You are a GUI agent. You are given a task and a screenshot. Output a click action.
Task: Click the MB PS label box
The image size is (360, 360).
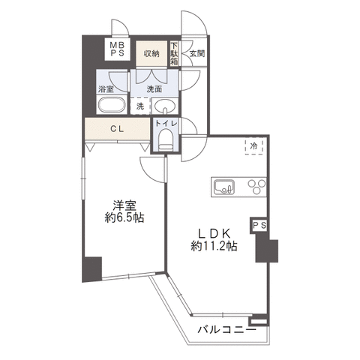click(x=117, y=49)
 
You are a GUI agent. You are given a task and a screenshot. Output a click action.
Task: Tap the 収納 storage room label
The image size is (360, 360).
click(x=151, y=53)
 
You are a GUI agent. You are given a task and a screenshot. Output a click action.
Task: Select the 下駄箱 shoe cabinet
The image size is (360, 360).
click(x=174, y=53)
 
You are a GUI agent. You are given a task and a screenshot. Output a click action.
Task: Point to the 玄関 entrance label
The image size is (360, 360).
click(x=197, y=53)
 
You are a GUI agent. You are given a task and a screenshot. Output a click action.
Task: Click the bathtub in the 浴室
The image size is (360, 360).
click(x=112, y=105)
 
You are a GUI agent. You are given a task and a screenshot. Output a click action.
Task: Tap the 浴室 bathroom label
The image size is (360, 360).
click(x=106, y=89)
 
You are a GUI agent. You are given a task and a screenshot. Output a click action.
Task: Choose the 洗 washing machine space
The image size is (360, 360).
click(x=140, y=106)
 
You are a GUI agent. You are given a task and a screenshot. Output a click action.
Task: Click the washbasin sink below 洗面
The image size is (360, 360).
click(x=163, y=106)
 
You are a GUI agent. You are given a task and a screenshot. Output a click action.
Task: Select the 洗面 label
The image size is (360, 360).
click(x=154, y=89)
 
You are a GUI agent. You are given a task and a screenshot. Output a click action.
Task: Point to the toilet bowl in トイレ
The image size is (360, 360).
click(x=166, y=140)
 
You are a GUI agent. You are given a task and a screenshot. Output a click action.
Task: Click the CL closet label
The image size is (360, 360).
click(x=117, y=129)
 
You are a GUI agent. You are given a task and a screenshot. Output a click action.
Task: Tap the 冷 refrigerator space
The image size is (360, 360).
click(x=254, y=146)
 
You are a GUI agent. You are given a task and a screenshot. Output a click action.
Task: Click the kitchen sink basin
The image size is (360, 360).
click(x=224, y=187)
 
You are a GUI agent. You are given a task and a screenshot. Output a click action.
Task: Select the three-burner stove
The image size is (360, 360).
click(x=256, y=187)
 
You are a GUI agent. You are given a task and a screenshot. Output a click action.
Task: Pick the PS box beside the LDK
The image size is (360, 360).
click(x=259, y=225)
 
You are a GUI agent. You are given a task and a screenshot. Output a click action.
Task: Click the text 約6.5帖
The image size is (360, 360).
click(x=124, y=218)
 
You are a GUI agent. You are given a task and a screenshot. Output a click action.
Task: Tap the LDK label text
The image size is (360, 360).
click(x=214, y=234)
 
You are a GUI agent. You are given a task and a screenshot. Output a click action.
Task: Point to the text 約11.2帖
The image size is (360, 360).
click(x=214, y=247)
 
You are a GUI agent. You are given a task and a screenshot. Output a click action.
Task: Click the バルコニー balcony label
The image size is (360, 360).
click(x=227, y=330)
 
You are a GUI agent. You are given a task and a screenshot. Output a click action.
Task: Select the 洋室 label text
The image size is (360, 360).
click(x=124, y=205)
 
